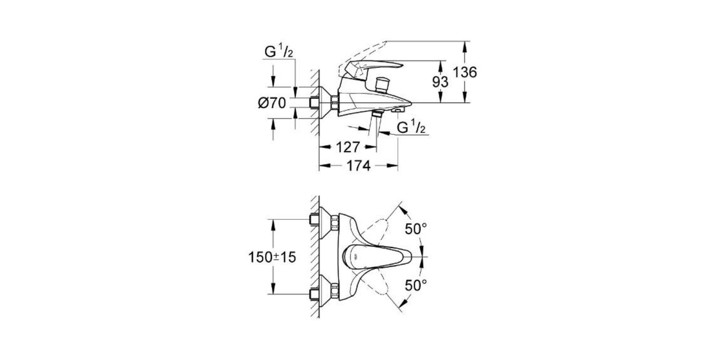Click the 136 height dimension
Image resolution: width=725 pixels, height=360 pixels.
pos(465,72)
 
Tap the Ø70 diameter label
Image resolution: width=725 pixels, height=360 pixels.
pos(272,103)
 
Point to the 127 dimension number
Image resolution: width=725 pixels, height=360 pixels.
pos(348,147)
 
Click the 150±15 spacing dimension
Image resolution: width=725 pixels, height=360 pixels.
pos(272,257)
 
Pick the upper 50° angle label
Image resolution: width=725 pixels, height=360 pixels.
pos(416,229)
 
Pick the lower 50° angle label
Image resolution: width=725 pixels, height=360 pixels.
pos(416,285)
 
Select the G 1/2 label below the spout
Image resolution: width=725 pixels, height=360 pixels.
pos(412,127)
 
